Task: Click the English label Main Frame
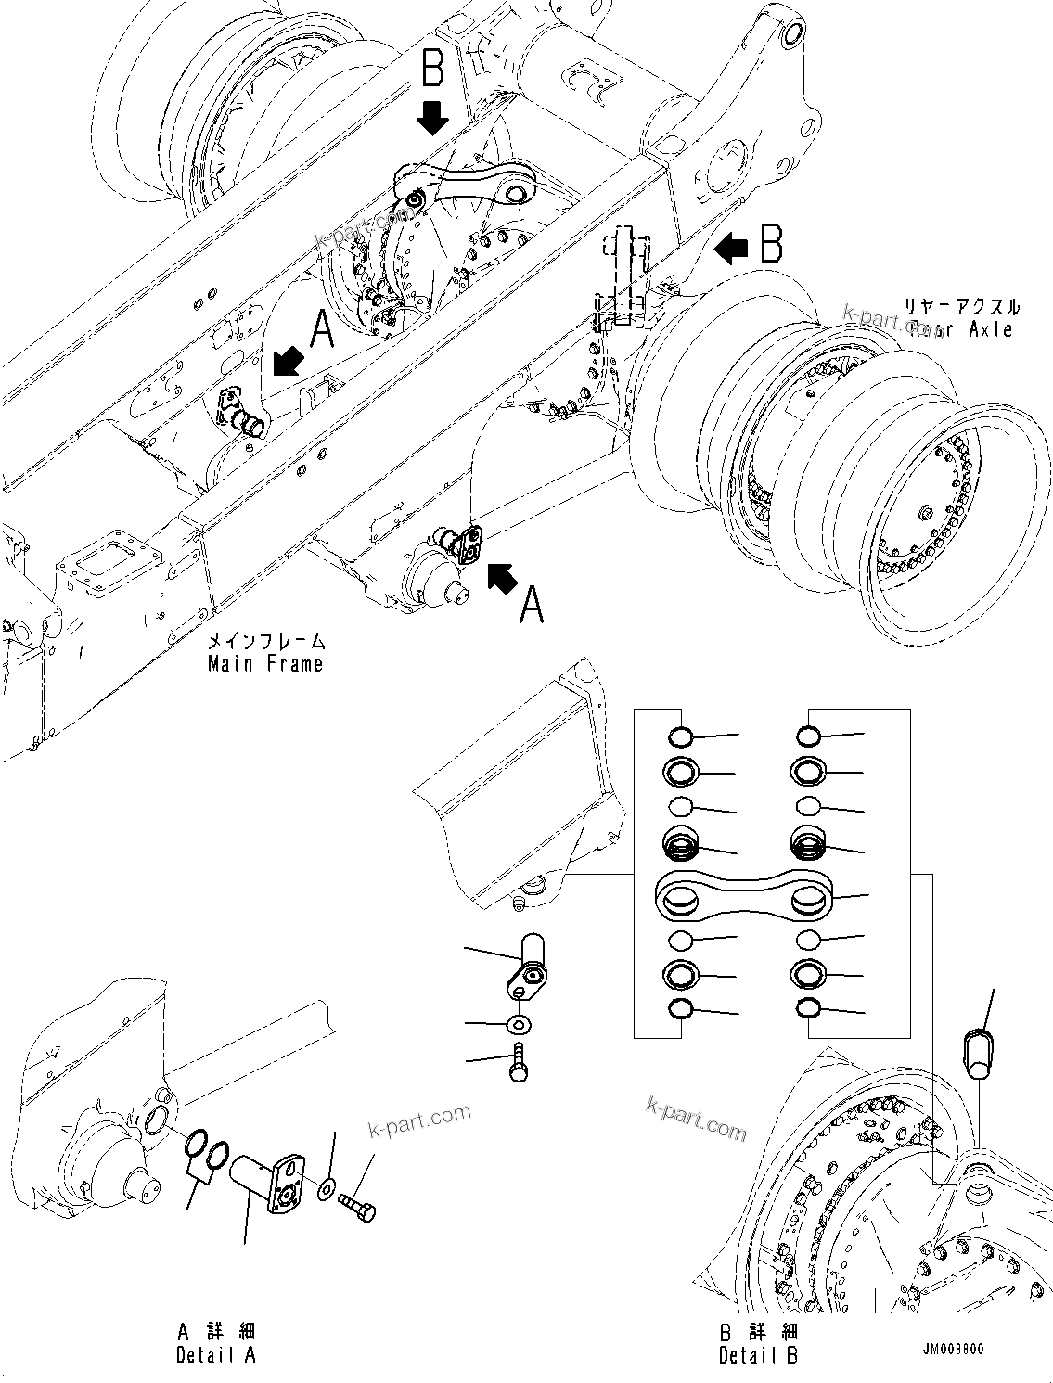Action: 265,663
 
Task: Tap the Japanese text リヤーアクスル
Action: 960,306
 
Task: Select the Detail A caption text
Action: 215,1355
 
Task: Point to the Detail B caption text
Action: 758,1355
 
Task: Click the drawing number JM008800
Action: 953,1350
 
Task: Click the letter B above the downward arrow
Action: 432,70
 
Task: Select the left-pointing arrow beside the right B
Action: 732,247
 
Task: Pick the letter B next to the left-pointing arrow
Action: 772,245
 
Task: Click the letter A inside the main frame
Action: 321,329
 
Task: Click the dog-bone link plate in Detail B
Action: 747,896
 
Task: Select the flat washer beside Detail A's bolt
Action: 327,1190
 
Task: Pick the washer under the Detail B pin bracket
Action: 519,1025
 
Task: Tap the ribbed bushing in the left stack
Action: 682,845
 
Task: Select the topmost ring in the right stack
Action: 809,737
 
